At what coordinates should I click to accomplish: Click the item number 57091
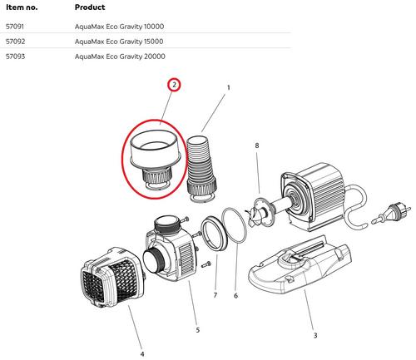15,27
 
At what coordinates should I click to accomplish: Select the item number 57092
15,42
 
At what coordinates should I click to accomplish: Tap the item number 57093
15,57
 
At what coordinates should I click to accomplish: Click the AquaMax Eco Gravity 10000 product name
119,27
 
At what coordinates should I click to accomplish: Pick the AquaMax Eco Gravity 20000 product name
120,57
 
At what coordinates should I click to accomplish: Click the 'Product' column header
90,7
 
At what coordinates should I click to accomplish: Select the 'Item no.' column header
22,7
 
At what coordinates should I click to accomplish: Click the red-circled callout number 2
174,85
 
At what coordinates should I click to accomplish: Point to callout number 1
229,87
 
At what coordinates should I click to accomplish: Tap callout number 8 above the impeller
257,145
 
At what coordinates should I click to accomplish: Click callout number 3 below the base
315,335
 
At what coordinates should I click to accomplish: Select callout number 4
142,354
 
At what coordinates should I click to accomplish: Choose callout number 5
198,330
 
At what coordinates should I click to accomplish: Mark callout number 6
235,296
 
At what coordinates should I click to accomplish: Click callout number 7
215,295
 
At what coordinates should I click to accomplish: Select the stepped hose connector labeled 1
201,169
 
